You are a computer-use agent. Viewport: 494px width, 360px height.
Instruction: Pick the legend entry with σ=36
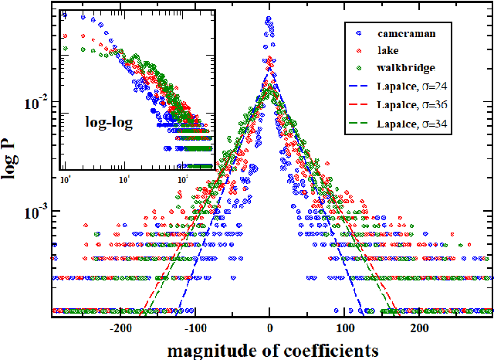[409, 105]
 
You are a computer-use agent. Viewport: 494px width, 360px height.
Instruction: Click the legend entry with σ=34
[409, 123]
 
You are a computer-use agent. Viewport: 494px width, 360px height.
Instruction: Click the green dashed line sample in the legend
[360, 123]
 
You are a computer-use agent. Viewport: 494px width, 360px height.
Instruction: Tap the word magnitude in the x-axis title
[203, 349]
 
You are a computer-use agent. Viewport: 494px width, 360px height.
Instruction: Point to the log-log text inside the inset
[107, 121]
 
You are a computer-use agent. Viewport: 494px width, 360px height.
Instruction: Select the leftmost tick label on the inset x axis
[65, 178]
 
